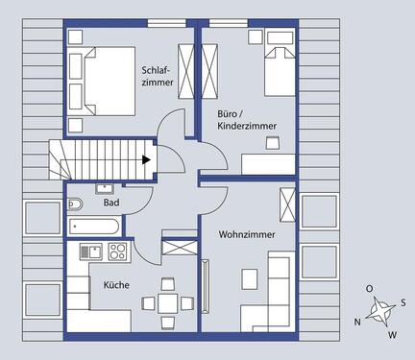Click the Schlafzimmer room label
157,77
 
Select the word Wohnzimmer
246,233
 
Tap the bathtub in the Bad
93,227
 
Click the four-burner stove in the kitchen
118,252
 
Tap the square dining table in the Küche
169,303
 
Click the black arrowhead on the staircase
147,161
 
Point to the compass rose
381,310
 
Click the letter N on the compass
357,322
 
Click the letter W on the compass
392,335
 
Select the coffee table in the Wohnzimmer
250,278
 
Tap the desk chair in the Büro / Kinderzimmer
272,142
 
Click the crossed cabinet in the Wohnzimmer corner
286,205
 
